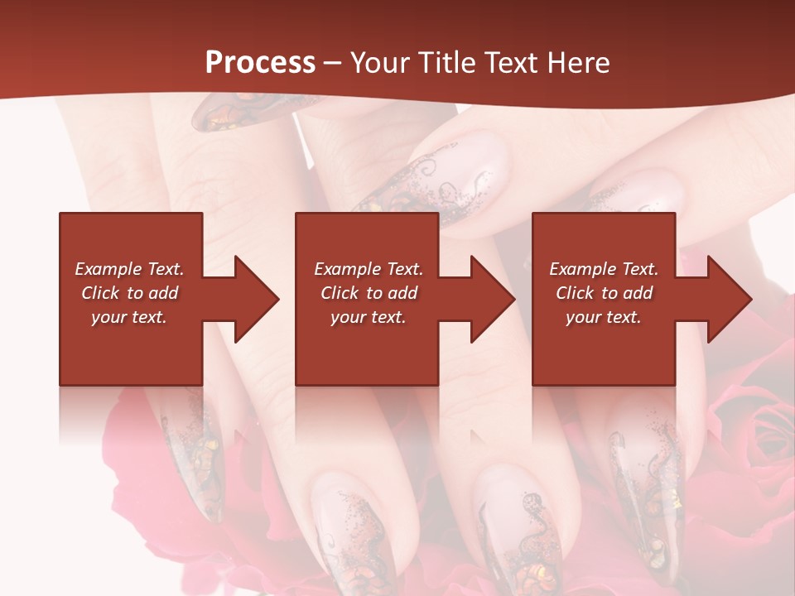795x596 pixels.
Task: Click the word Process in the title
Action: [x=260, y=63]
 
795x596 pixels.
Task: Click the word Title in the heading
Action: [x=443, y=63]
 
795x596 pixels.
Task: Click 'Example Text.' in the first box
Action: [x=129, y=269]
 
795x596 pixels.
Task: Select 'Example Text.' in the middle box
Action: [x=369, y=269]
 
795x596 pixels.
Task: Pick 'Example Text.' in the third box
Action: [x=604, y=269]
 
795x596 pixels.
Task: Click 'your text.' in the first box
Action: [x=129, y=317]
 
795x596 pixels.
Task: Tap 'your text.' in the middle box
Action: [x=369, y=317]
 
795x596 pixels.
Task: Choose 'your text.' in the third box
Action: [x=604, y=317]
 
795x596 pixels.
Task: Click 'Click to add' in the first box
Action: [x=129, y=293]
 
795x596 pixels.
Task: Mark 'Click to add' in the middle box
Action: [x=369, y=293]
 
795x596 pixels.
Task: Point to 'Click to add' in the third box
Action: [x=604, y=293]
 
